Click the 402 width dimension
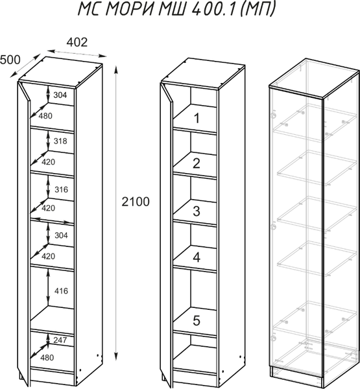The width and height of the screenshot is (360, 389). pyautogui.click(x=77, y=42)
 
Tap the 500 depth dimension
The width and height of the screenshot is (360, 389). pyautogui.click(x=10, y=60)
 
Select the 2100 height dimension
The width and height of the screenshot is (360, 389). pyautogui.click(x=136, y=202)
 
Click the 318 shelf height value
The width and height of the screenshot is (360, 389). pyautogui.click(x=60, y=141)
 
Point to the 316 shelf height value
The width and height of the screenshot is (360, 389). pyautogui.click(x=61, y=189)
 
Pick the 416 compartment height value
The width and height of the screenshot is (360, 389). pyautogui.click(x=61, y=290)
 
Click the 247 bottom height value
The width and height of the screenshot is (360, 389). pyautogui.click(x=60, y=340)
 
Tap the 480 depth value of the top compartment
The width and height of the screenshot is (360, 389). pyautogui.click(x=45, y=115)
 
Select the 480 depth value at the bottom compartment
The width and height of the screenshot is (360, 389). pyautogui.click(x=47, y=357)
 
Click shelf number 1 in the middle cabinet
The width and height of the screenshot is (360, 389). pyautogui.click(x=197, y=118)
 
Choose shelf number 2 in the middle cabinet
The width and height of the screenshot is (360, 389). pyautogui.click(x=197, y=163)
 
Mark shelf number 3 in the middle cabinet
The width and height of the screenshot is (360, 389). pyautogui.click(x=197, y=211)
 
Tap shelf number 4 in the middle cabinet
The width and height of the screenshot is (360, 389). pyautogui.click(x=197, y=257)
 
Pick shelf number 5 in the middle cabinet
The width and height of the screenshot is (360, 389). pyautogui.click(x=197, y=320)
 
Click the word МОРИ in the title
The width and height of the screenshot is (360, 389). pyautogui.click(x=129, y=9)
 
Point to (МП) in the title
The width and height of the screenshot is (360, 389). pyautogui.click(x=258, y=10)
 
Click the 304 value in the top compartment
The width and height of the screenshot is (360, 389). pyautogui.click(x=60, y=95)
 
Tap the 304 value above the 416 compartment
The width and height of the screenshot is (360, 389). pyautogui.click(x=61, y=235)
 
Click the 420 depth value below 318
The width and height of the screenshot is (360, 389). pyautogui.click(x=48, y=162)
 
